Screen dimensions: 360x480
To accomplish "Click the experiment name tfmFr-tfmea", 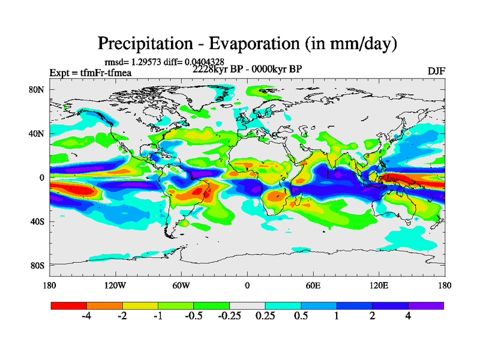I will pos(106,73).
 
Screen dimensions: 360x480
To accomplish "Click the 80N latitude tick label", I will pos(37,89).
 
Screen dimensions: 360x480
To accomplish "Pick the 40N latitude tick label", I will pos(37,133).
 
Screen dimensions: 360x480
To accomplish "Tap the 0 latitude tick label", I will pos(43,178).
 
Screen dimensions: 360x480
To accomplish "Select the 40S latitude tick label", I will pos(37,221).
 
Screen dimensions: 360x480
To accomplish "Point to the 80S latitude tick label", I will pos(37,265).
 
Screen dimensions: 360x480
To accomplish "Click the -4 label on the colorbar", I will pos(86,317).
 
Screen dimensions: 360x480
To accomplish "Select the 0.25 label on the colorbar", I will pos(265,317).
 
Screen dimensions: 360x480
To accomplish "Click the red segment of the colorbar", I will pos(69,305).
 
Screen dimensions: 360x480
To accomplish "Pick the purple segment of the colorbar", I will pos(426,305).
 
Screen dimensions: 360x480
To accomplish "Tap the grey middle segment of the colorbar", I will pos(247,305).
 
